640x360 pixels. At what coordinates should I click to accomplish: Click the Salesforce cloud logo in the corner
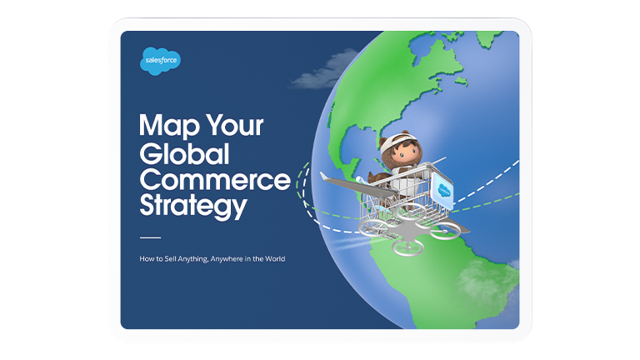(160, 61)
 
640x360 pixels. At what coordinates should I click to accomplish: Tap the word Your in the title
(235, 125)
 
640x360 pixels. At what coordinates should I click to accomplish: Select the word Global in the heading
(184, 154)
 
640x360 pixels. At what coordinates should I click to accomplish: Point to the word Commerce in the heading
(215, 180)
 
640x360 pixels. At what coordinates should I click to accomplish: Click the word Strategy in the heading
(193, 206)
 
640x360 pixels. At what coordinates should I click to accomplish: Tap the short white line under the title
(150, 237)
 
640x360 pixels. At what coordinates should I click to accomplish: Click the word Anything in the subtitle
(192, 259)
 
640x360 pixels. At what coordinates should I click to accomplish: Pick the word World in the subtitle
(275, 259)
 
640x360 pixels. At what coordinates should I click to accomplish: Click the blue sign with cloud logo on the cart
(443, 190)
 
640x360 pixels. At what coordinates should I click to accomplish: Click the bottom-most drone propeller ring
(408, 247)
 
